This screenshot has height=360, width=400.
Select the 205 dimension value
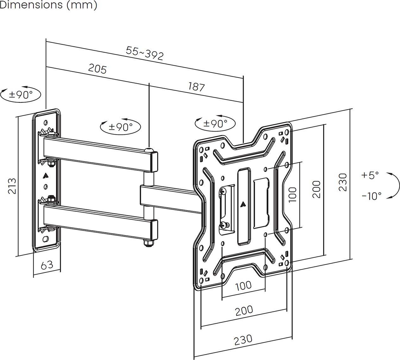[x=97, y=69]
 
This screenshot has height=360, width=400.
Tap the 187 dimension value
[x=196, y=86]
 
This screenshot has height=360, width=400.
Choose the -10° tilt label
[x=371, y=196]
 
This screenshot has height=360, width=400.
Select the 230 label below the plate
[x=243, y=339]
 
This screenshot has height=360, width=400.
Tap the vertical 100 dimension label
[x=292, y=194]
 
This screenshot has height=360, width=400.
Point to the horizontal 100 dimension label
[x=243, y=285]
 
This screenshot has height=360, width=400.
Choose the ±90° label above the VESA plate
[x=215, y=123]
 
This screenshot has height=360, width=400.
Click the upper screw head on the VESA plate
[x=223, y=191]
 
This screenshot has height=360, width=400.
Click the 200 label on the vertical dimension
[x=316, y=189]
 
